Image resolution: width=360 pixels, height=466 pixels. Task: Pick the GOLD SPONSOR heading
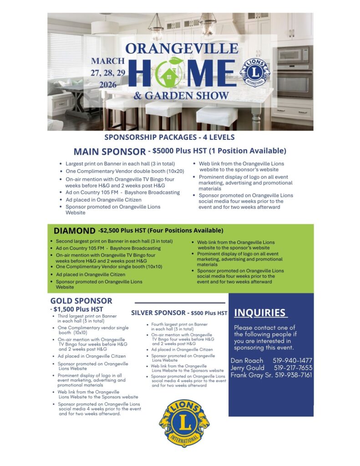pyautogui.click(x=81, y=301)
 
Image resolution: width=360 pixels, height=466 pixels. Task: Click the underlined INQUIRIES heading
pyautogui.click(x=260, y=313)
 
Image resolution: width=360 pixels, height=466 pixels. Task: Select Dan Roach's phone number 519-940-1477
pyautogui.click(x=293, y=360)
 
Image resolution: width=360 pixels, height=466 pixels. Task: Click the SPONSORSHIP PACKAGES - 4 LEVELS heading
pyautogui.click(x=170, y=137)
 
